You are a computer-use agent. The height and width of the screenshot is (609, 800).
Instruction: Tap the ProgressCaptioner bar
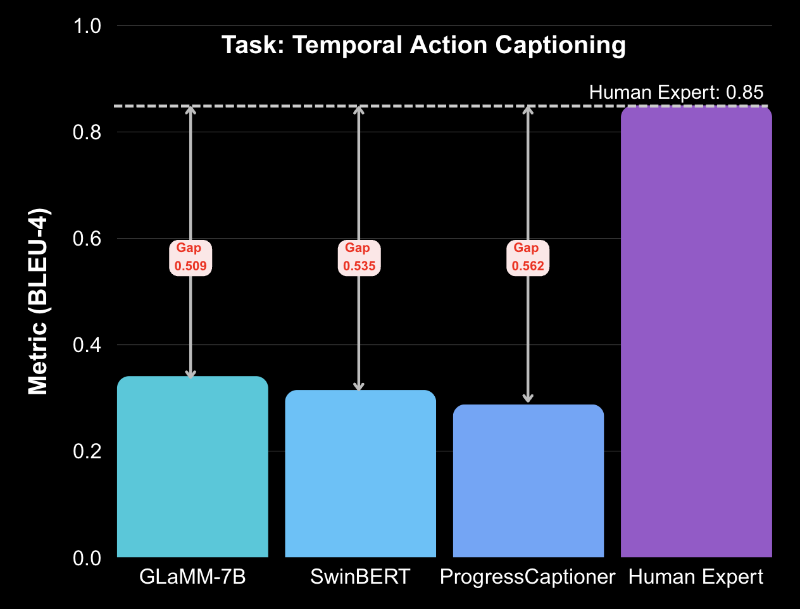point(528,480)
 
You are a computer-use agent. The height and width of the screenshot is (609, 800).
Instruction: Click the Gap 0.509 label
point(191,258)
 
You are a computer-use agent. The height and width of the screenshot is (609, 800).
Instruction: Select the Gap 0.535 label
point(359,258)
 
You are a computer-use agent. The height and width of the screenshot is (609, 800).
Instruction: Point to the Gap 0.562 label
point(528,258)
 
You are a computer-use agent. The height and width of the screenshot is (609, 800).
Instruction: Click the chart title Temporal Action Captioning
point(423,46)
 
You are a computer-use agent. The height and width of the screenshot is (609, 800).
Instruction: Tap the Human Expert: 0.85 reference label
point(676,92)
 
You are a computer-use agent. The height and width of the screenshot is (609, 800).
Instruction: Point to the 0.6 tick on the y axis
point(87,239)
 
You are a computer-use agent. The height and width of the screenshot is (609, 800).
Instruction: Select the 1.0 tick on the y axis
point(87,26)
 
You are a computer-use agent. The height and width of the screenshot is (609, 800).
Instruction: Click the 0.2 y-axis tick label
point(87,451)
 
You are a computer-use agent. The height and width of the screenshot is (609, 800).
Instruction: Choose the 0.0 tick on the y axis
point(87,558)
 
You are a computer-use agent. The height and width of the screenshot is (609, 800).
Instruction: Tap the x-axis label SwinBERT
point(360,577)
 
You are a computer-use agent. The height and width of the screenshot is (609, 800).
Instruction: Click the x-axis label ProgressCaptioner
point(527,577)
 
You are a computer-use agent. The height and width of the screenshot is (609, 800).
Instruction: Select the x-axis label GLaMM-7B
point(192,577)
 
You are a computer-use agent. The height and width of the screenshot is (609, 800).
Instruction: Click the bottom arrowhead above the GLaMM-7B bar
point(191,374)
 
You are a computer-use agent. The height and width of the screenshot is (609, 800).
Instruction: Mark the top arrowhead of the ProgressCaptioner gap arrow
point(528,110)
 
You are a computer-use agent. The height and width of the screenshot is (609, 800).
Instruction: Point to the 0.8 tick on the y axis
point(87,132)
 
